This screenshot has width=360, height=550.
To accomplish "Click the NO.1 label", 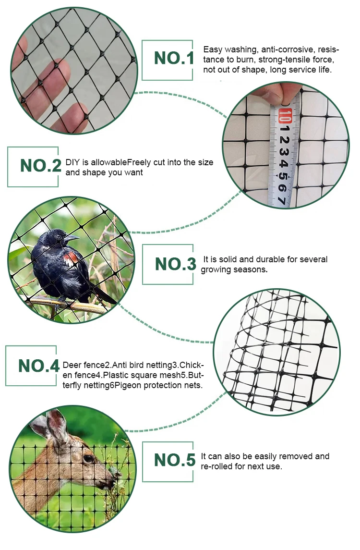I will tap(174, 59).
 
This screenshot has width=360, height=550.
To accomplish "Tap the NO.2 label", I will tap(40, 166).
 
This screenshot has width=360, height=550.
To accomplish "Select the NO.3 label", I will tap(175, 264).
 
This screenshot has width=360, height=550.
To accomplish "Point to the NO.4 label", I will tap(39, 366).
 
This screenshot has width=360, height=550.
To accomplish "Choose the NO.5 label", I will tap(175, 460).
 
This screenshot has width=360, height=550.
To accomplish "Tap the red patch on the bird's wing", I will tap(71, 258).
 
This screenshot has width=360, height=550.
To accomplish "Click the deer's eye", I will tap(88, 459).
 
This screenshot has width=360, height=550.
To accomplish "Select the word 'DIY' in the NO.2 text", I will tap(72, 163).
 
